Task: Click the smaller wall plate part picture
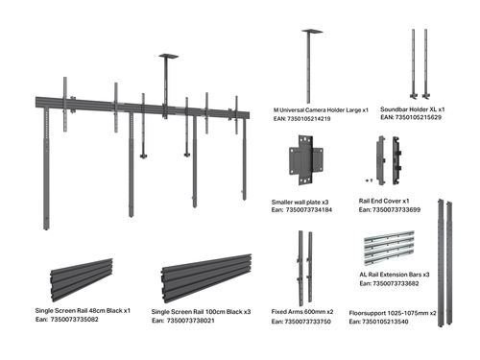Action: click(306, 159)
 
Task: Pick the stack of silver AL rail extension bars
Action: click(389, 248)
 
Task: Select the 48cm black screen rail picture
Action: click(82, 280)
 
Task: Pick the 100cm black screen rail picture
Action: click(206, 278)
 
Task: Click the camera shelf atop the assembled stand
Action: click(169, 57)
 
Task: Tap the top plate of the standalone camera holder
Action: click(312, 31)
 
